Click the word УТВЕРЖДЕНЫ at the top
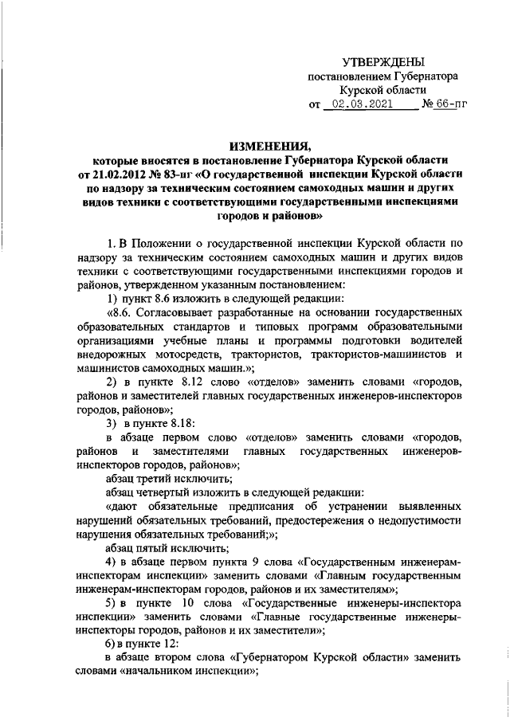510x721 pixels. click(382, 61)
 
